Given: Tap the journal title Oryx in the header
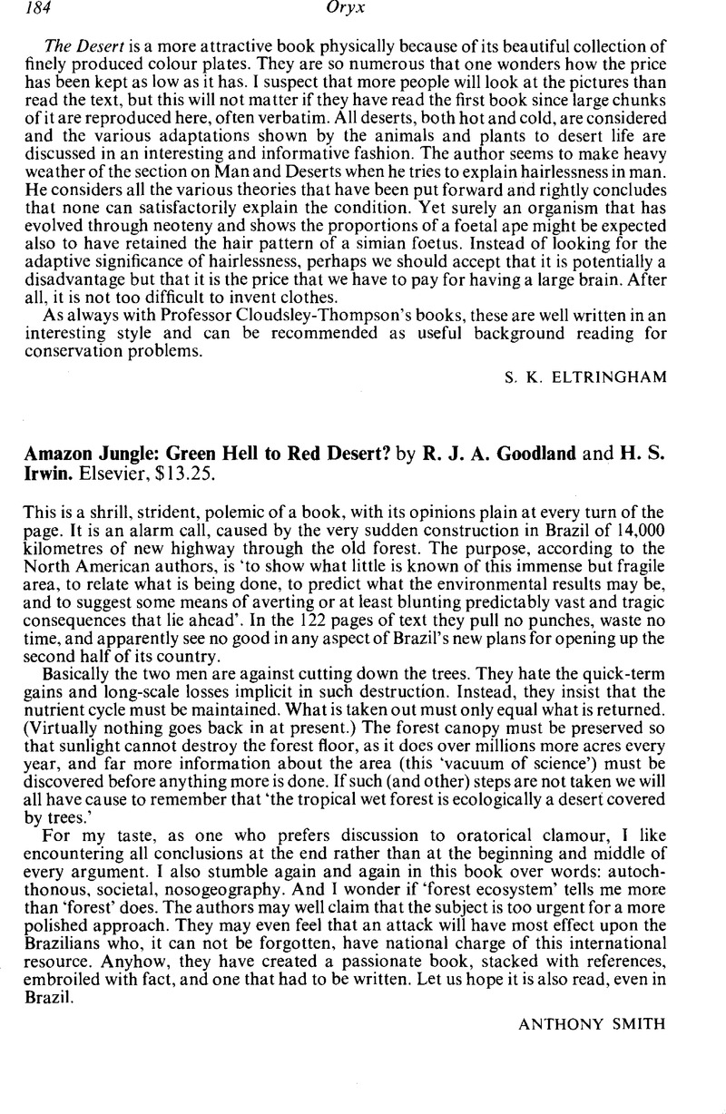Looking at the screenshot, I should pyautogui.click(x=369, y=12).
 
